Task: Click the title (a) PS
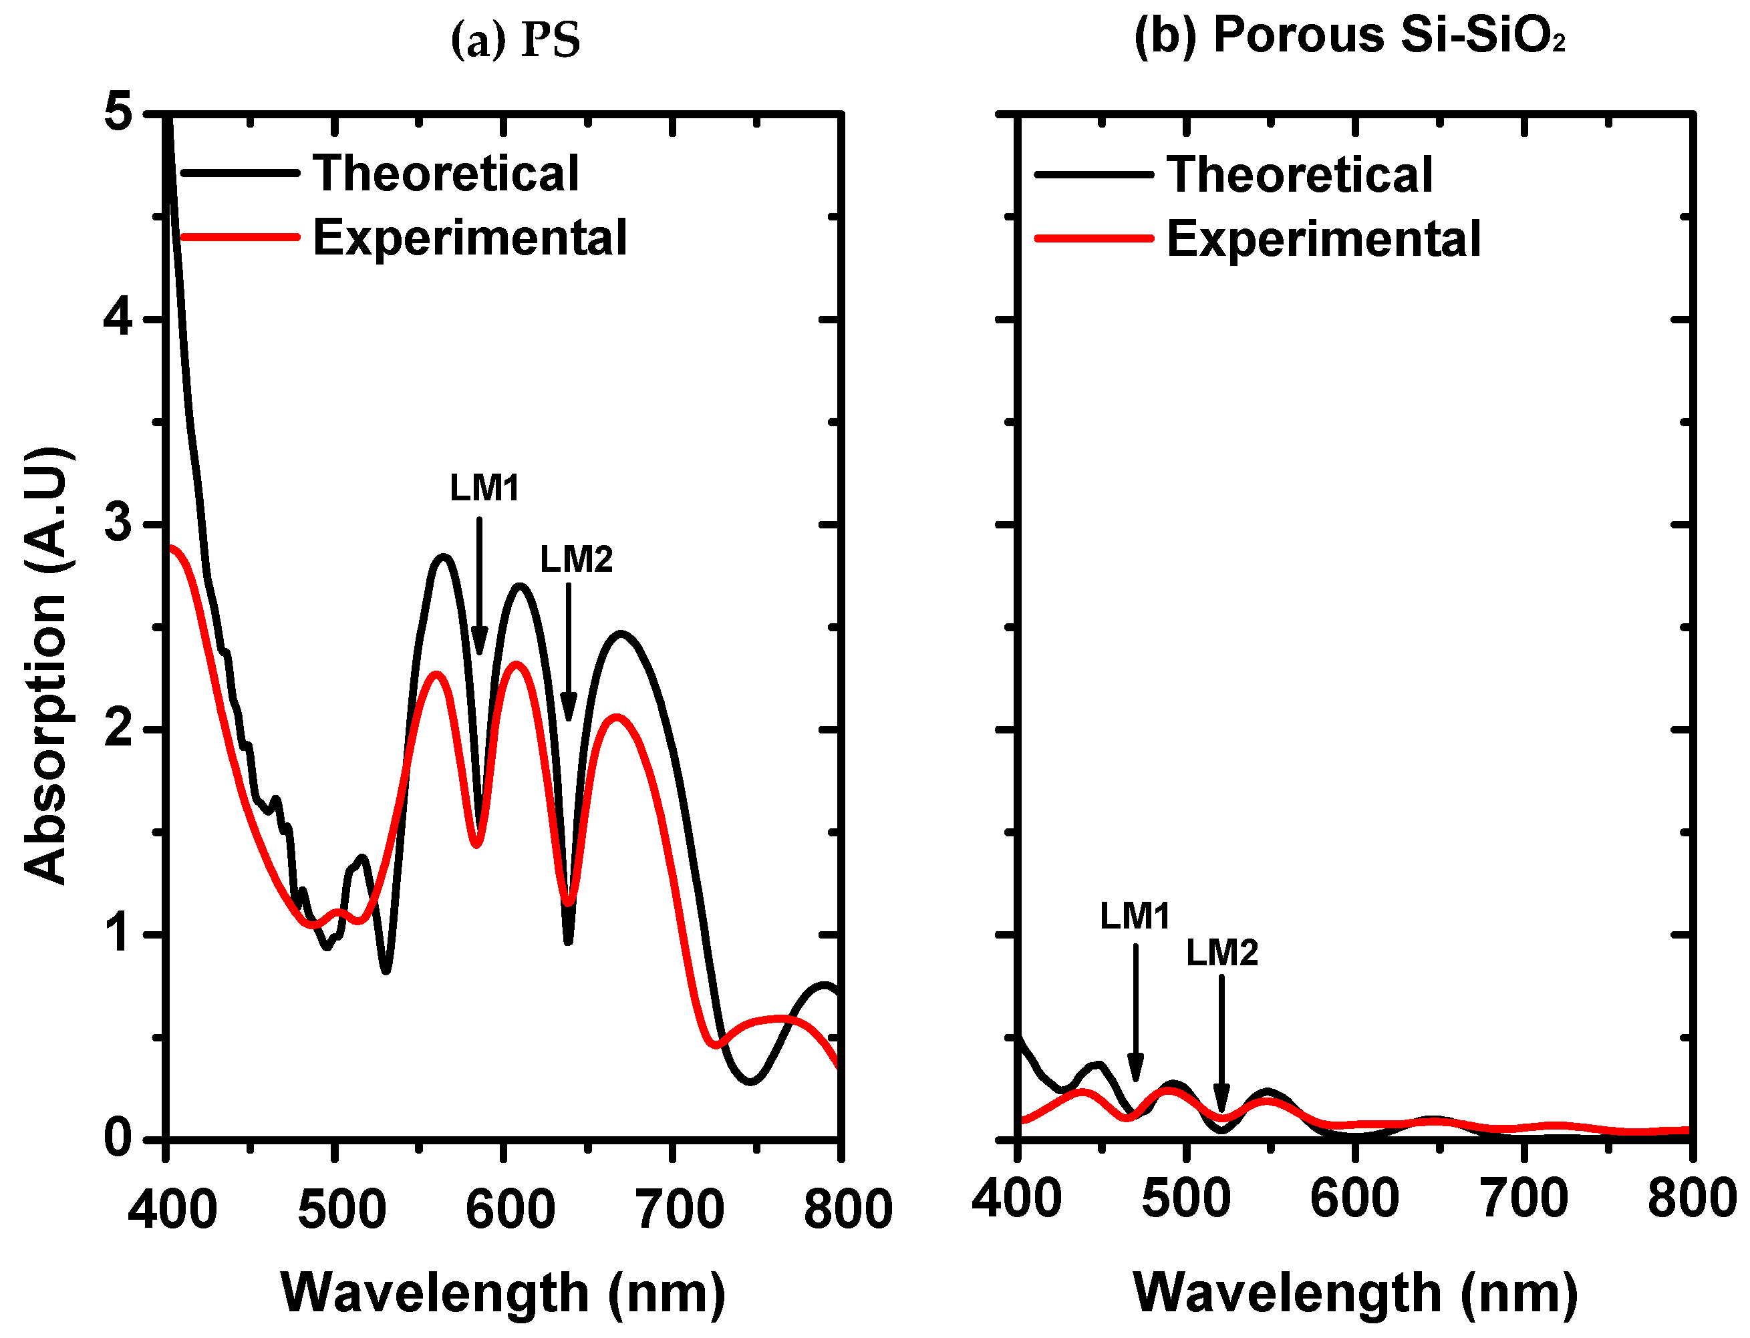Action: [x=515, y=40]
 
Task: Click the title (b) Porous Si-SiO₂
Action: [x=1349, y=36]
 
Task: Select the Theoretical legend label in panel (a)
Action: [x=445, y=174]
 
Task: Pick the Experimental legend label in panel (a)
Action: [x=470, y=237]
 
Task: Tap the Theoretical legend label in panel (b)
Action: [x=1299, y=175]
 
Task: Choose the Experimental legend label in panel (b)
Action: [x=1323, y=239]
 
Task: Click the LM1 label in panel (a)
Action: [x=484, y=488]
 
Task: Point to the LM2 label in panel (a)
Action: [x=576, y=560]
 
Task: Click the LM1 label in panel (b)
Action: [x=1135, y=916]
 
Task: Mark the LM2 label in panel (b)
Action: [x=1222, y=953]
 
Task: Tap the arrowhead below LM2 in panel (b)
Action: [x=1221, y=1099]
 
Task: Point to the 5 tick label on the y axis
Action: [x=118, y=112]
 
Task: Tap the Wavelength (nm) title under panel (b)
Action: [x=1355, y=1293]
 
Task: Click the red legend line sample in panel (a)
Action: [x=240, y=236]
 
